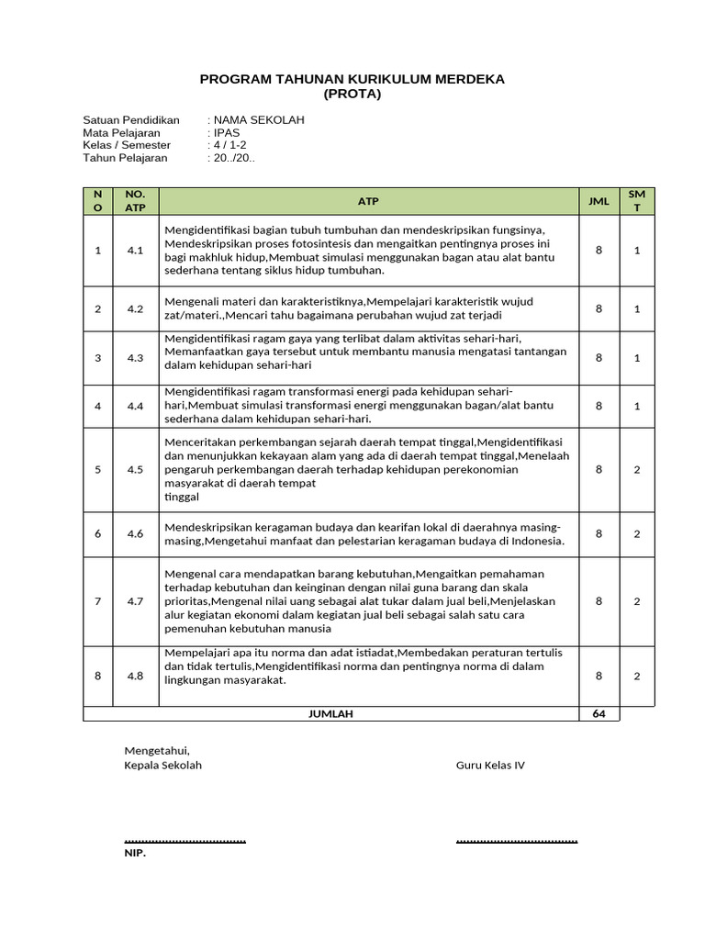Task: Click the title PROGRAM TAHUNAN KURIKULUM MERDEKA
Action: click(x=352, y=80)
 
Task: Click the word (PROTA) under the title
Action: click(x=352, y=94)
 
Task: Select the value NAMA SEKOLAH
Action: click(x=259, y=120)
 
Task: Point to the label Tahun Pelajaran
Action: click(x=125, y=158)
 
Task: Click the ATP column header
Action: click(x=368, y=201)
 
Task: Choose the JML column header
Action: click(x=599, y=201)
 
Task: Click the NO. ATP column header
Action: click(x=135, y=201)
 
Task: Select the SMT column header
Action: click(x=637, y=201)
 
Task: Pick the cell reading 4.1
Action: click(x=135, y=251)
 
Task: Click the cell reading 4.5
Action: click(x=135, y=470)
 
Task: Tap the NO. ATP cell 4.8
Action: click(x=135, y=676)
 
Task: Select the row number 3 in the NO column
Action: click(x=98, y=358)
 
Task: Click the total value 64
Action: click(x=599, y=714)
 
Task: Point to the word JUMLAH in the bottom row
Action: click(x=330, y=714)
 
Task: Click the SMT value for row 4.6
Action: click(x=637, y=534)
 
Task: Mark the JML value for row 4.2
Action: click(x=599, y=309)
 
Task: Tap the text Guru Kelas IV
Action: click(x=490, y=766)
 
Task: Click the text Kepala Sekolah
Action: click(x=163, y=766)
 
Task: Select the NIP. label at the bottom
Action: click(x=135, y=853)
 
